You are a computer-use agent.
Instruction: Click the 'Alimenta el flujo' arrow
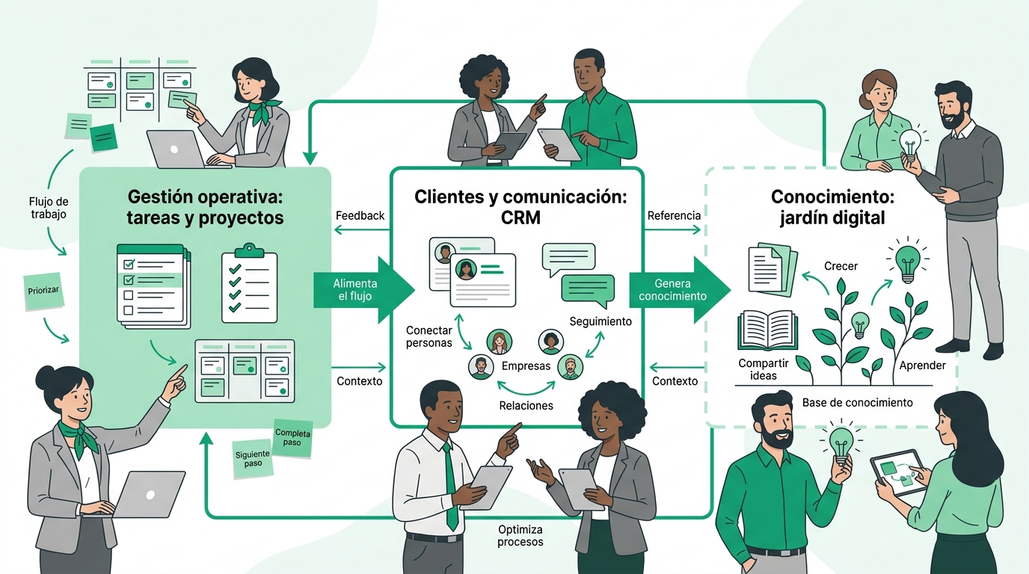(363, 290)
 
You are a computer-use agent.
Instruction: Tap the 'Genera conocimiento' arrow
(679, 290)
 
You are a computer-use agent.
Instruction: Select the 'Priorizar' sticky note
(43, 291)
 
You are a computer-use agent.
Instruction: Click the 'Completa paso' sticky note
(292, 438)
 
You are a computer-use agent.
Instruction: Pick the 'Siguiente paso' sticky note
(252, 459)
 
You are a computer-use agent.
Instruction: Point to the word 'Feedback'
(360, 216)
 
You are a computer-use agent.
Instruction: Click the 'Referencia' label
(674, 216)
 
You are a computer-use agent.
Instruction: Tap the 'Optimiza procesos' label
(520, 536)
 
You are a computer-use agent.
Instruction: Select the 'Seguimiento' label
(600, 321)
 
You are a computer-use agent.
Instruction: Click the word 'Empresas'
(526, 366)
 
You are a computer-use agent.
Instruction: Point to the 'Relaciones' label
(526, 406)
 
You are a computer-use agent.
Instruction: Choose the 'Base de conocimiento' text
(857, 403)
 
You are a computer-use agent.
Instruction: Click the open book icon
(767, 330)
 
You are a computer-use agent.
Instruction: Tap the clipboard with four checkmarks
(250, 283)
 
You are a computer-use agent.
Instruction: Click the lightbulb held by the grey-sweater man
(910, 143)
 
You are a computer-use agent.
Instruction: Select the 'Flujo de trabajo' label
(49, 208)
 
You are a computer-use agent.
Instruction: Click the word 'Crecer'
(841, 266)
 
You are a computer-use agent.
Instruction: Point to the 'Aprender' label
(922, 365)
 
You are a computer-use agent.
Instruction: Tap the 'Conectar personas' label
(429, 336)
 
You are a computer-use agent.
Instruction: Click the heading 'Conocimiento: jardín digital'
(832, 207)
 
